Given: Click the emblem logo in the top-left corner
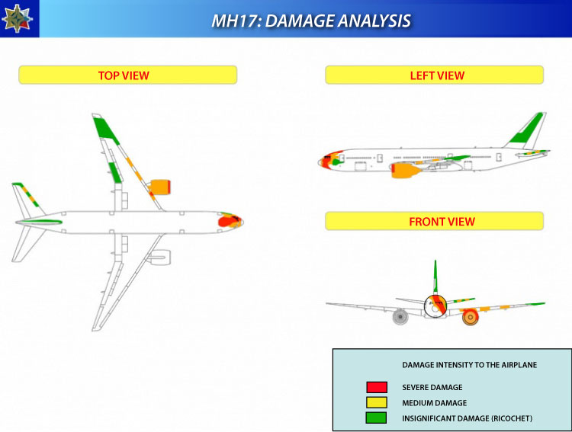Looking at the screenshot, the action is tap(18, 18).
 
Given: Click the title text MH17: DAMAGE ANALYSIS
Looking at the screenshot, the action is tap(311, 21).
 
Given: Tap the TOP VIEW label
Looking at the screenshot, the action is tap(124, 75).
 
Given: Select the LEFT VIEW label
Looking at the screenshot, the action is tap(437, 75).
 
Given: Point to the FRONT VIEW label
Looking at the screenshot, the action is tap(442, 222).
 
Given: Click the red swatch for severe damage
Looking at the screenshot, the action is tap(377, 387).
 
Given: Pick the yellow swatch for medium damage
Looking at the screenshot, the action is tap(377, 402).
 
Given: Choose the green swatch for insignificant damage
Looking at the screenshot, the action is tap(377, 418).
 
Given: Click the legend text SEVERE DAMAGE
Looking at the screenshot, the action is tap(432, 387).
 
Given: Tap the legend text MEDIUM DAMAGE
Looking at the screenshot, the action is tap(435, 403).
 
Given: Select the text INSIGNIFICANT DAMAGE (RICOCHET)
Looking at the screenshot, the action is tap(467, 418).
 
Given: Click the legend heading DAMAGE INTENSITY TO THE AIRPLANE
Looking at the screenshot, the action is tap(470, 365).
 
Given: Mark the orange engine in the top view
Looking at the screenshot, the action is tap(160, 187).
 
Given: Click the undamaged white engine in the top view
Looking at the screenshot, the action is tap(160, 257).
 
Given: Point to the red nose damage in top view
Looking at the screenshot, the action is tap(228, 221).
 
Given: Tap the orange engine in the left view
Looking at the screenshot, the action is tap(405, 170).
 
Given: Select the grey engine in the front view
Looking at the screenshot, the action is tap(400, 317).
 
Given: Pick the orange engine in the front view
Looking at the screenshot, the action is tap(471, 317).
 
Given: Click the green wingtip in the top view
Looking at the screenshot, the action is tap(105, 129).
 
